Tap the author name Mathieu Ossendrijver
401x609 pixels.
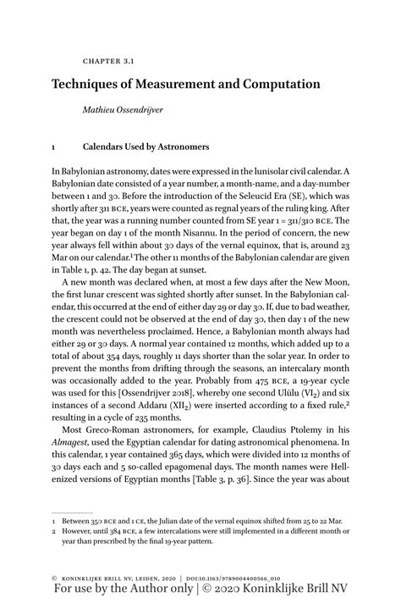pyautogui.click(x=125, y=110)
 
